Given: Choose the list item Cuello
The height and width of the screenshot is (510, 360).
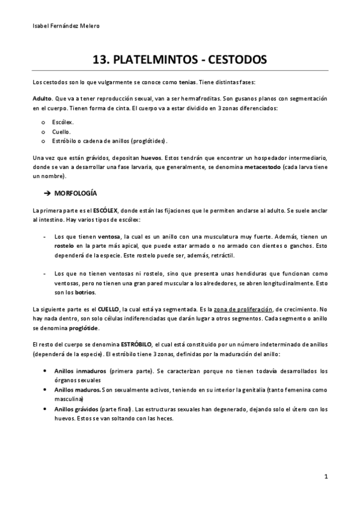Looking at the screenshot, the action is click(x=61, y=131).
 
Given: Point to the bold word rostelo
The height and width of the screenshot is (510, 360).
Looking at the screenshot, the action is click(x=65, y=247).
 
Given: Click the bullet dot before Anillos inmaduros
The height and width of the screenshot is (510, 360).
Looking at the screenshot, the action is click(x=46, y=370).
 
